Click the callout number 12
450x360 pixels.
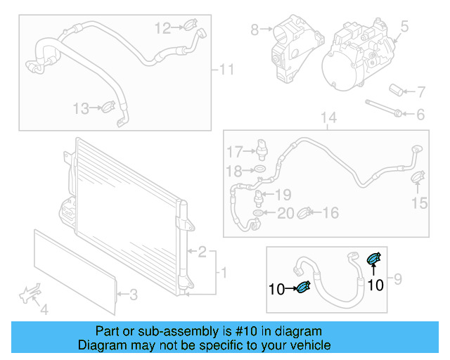pos(162,28)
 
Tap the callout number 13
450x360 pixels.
pos(82,108)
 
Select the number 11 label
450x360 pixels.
pos(226,69)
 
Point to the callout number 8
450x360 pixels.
pos(254,30)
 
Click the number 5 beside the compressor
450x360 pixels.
pos(404,27)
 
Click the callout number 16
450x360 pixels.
pos(330,212)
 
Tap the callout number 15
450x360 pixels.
pos(419,203)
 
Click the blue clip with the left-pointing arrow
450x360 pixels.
pos(304,285)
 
